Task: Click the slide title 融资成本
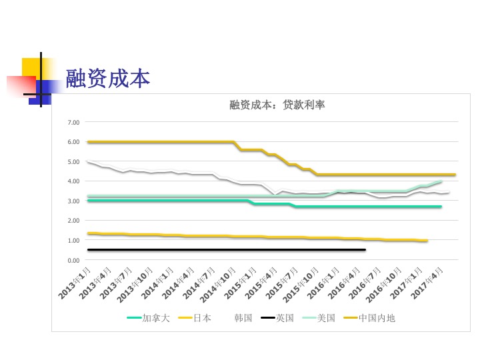(107, 79)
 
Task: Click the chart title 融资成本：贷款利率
(277, 105)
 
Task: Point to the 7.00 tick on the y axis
(73, 123)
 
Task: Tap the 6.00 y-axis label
(73, 142)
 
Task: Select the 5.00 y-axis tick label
(73, 162)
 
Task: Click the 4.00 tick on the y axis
(73, 181)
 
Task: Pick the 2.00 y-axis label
(73, 221)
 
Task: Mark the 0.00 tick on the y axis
(73, 260)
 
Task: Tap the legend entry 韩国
(243, 318)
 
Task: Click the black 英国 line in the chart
(227, 249)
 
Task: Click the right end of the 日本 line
(427, 241)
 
